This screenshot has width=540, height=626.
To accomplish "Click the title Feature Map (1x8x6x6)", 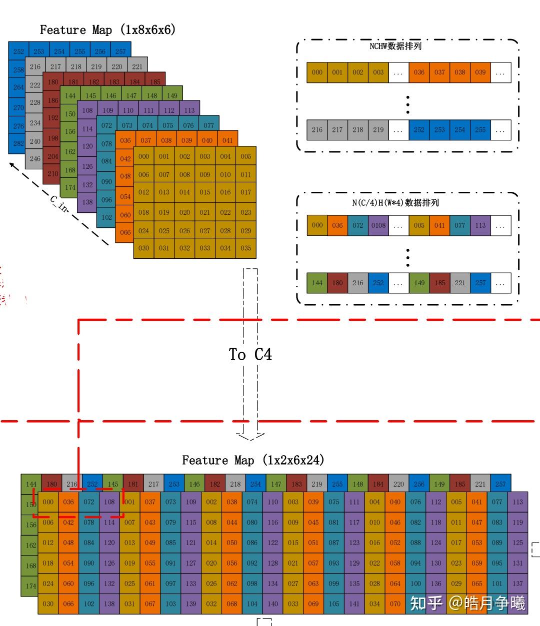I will (x=107, y=30).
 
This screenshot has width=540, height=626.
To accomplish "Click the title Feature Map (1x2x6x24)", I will (x=252, y=460).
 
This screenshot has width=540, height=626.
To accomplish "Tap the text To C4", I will (x=250, y=355).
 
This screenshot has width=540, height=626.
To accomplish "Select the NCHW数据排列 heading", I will (x=395, y=46).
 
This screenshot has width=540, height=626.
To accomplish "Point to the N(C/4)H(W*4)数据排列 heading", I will (x=395, y=203).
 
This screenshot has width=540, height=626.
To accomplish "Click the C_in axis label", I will (x=59, y=203).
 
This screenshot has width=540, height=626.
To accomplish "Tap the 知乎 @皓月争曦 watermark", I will (x=467, y=603).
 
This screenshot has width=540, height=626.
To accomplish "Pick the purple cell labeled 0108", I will (x=378, y=225).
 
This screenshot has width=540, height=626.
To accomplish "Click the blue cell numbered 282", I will (x=18, y=143).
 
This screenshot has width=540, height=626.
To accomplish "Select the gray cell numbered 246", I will (x=34, y=159).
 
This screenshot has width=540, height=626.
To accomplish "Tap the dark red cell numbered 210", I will (x=52, y=174).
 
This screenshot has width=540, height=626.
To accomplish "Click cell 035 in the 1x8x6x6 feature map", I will (x=245, y=248).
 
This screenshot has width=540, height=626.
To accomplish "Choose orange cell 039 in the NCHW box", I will (x=480, y=72).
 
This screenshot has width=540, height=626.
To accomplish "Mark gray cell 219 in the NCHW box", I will (x=378, y=130).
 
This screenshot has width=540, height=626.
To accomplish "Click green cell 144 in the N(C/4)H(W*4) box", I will (x=317, y=283).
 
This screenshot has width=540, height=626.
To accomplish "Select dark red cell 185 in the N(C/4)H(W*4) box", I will (x=439, y=283).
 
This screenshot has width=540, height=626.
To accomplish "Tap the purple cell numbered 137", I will (x=517, y=583).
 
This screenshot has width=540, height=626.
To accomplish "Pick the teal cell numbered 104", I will (x=252, y=604).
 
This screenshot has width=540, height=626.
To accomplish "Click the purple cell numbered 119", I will (x=517, y=522).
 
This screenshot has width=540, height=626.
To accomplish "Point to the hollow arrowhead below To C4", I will (x=250, y=436).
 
